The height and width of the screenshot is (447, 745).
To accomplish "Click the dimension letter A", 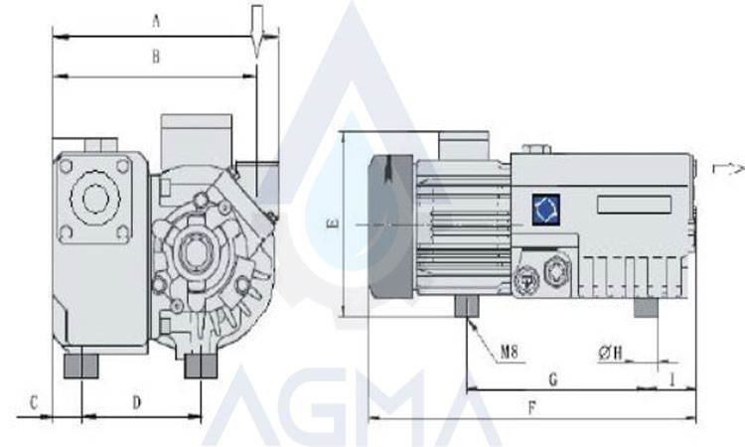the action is [x=156, y=22].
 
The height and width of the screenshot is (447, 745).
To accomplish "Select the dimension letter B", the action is [x=156, y=57].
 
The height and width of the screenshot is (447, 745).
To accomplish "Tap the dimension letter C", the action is [x=34, y=403].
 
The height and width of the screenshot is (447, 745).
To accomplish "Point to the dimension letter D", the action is [x=137, y=403].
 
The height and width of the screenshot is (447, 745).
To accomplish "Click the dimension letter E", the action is [x=334, y=223].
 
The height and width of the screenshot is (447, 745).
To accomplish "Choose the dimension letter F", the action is [x=532, y=407].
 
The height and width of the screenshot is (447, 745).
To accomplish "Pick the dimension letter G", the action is [x=553, y=380].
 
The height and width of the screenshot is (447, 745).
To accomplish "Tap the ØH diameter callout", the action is [x=611, y=353].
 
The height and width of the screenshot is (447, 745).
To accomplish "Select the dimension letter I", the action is [x=672, y=379].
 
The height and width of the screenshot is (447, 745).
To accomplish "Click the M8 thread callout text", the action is [x=509, y=353].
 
